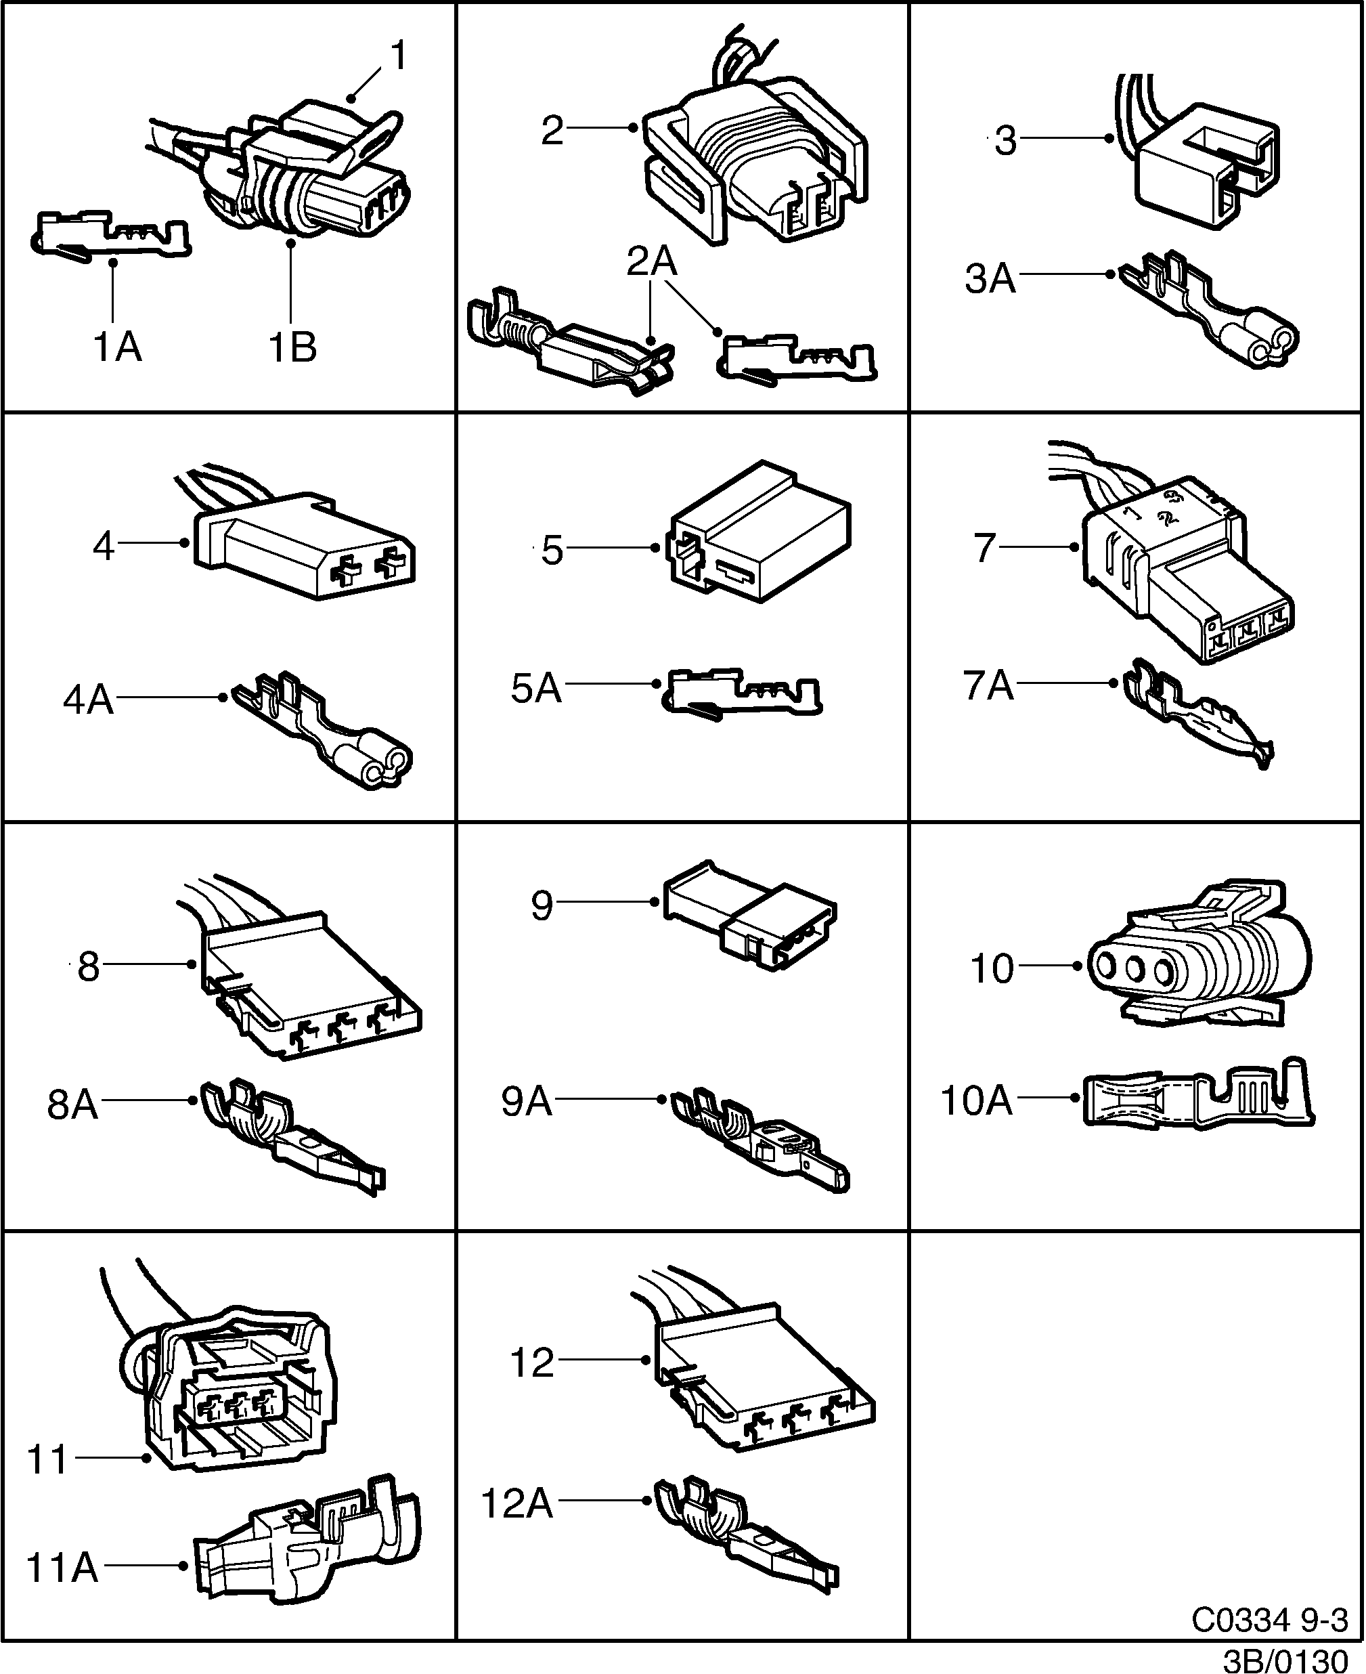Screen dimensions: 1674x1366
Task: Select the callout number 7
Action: (984, 548)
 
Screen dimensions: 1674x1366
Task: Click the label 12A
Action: (517, 1504)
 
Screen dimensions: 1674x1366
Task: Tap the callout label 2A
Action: (652, 262)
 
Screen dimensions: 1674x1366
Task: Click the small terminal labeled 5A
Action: (744, 692)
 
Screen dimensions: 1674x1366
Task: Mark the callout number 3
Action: (1006, 142)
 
